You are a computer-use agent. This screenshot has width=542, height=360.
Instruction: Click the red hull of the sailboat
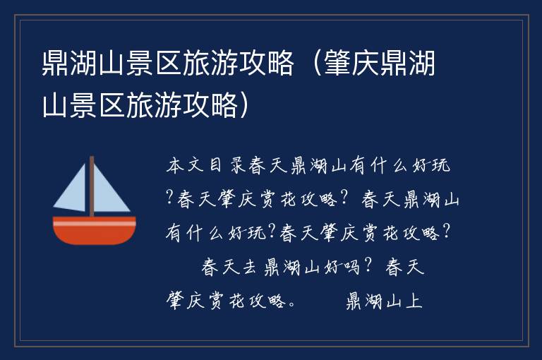click(x=95, y=233)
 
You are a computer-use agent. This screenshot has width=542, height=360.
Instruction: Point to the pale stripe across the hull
click(x=95, y=222)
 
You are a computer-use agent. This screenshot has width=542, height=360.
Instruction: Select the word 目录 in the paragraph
click(x=225, y=167)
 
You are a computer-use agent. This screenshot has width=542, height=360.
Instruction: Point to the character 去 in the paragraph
click(x=246, y=268)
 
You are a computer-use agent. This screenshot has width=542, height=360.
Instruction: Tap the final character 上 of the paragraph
click(x=414, y=301)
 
